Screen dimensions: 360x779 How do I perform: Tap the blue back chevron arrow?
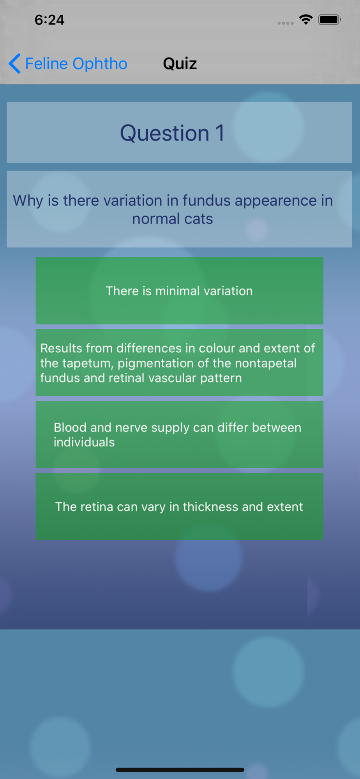coord(14,63)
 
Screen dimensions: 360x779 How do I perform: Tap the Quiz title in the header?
coord(180,63)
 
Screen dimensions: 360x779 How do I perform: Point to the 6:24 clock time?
coord(49,20)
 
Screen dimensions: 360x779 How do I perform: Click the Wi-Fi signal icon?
coord(306,19)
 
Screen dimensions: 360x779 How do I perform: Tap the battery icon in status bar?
coord(330,19)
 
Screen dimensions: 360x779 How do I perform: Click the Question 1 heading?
coord(172,133)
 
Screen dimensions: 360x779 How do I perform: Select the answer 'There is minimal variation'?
coord(179,291)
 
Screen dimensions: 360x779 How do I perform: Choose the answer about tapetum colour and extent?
coord(179,363)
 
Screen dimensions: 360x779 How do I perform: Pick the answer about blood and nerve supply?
coord(179,435)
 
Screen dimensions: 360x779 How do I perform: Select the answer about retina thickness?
coord(179,506)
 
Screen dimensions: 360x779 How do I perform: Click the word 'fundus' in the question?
coord(206,201)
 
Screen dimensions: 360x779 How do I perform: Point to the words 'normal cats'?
coord(173,219)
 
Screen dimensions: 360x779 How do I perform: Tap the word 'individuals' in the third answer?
coord(84,442)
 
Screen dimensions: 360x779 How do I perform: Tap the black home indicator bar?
coord(180,770)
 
